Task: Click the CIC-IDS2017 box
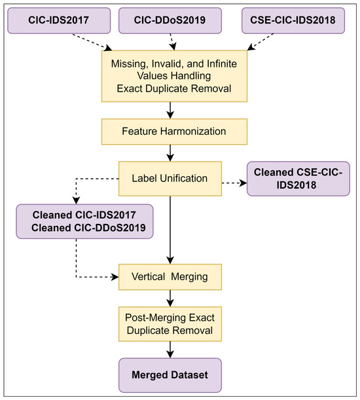59,20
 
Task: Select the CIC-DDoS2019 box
170,20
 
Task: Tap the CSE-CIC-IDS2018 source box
293,20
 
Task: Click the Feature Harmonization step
174,132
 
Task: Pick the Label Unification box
170,179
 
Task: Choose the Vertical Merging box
170,277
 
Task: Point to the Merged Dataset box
170,375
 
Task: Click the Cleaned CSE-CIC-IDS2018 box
298,179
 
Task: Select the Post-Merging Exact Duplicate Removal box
170,324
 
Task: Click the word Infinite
222,64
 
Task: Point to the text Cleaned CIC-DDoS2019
88,228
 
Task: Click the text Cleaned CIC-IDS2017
84,215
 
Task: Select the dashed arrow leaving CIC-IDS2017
92,42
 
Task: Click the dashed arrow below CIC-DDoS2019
173,42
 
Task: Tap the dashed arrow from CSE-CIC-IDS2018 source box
261,42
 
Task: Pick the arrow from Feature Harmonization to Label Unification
170,153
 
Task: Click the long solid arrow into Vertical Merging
170,230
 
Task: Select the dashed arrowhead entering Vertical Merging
115,277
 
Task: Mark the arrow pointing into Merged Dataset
170,350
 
